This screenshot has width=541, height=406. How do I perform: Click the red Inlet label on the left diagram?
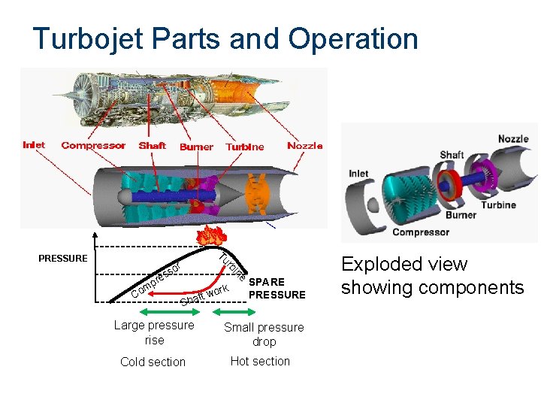click(34, 145)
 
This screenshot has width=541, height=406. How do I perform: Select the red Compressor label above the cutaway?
click(93, 146)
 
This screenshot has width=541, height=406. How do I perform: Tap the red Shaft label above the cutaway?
click(153, 146)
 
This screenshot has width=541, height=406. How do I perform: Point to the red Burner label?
click(196, 147)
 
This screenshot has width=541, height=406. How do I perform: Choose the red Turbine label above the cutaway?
click(245, 147)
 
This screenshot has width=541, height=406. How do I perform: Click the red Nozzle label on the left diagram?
click(305, 146)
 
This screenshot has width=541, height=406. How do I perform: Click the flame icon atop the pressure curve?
click(213, 235)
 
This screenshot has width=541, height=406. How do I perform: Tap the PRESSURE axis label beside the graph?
click(62, 259)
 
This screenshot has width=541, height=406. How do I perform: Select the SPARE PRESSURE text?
click(277, 289)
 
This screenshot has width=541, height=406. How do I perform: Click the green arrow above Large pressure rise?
click(155, 311)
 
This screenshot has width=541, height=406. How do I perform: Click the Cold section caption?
click(153, 362)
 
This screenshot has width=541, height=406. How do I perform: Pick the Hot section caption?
click(260, 361)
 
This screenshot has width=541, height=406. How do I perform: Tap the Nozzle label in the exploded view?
click(513, 139)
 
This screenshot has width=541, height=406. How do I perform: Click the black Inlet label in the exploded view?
click(358, 174)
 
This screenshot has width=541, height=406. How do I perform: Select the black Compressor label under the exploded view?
click(421, 232)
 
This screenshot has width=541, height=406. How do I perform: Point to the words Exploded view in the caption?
click(404, 265)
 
